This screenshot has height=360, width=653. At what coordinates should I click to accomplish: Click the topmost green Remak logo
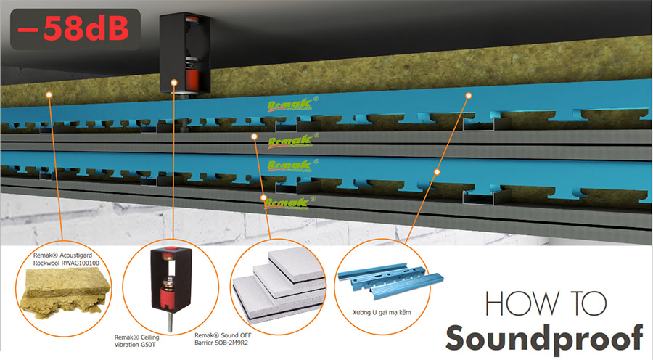click(289, 105)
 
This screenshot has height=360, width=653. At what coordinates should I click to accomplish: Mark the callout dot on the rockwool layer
click(47, 94)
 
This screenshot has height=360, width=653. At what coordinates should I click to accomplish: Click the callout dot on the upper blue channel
click(469, 95)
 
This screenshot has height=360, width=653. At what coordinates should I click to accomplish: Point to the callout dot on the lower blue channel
click(437, 172)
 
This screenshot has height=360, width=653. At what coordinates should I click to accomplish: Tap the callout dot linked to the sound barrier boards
click(255, 136)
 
